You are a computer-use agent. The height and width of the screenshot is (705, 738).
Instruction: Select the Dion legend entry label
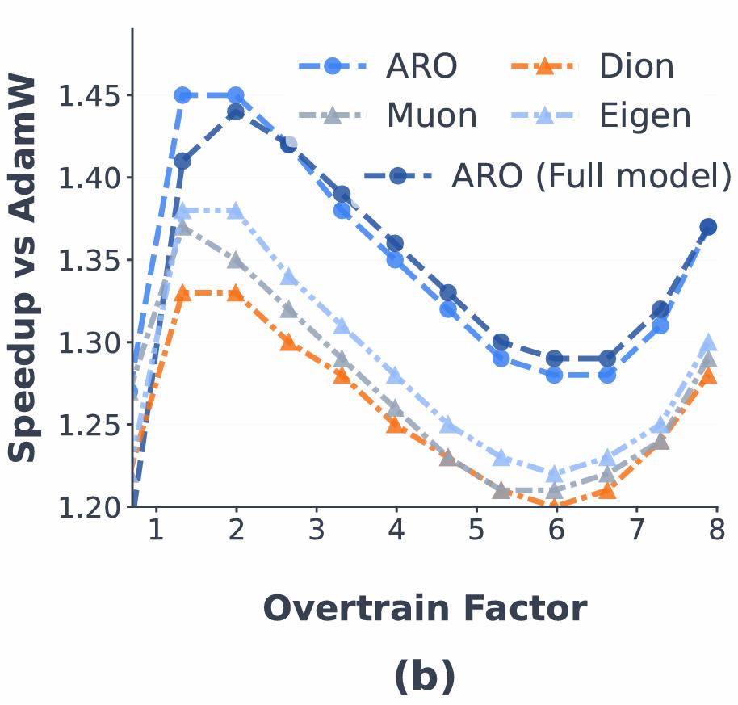(x=636, y=66)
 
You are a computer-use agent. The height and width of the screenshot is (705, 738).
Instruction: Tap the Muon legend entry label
(x=431, y=115)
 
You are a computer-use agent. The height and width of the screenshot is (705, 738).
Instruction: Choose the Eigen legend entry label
(x=644, y=115)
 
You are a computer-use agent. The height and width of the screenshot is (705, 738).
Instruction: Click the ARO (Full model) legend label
(x=591, y=174)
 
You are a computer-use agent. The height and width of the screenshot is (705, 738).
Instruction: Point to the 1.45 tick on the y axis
(x=89, y=95)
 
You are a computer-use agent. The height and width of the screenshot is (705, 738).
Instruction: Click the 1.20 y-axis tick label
(x=89, y=507)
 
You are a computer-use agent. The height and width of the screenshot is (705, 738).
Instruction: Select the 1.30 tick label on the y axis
(x=89, y=342)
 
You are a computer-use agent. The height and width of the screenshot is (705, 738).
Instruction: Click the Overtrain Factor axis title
(x=425, y=608)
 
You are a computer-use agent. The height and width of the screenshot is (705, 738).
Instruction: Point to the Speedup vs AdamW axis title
(x=23, y=269)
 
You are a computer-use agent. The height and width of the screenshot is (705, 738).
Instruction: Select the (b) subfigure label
(x=425, y=677)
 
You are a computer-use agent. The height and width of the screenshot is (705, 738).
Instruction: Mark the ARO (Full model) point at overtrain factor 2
(x=236, y=111)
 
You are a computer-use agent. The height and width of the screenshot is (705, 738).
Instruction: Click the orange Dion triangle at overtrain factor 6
(x=555, y=506)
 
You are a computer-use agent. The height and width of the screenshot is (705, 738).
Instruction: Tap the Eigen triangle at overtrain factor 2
(x=236, y=211)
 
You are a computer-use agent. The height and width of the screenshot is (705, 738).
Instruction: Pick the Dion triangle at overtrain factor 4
(x=396, y=424)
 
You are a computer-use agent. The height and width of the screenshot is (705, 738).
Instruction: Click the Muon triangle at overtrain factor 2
(x=236, y=260)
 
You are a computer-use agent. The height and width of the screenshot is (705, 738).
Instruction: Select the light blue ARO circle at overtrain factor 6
(x=555, y=375)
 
